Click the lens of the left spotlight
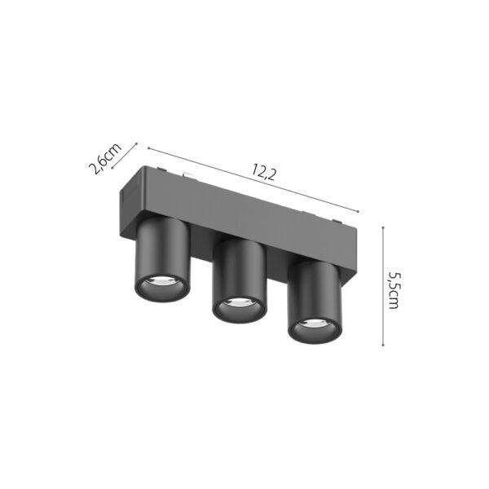click(x=158, y=284)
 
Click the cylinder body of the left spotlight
click(x=161, y=249)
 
